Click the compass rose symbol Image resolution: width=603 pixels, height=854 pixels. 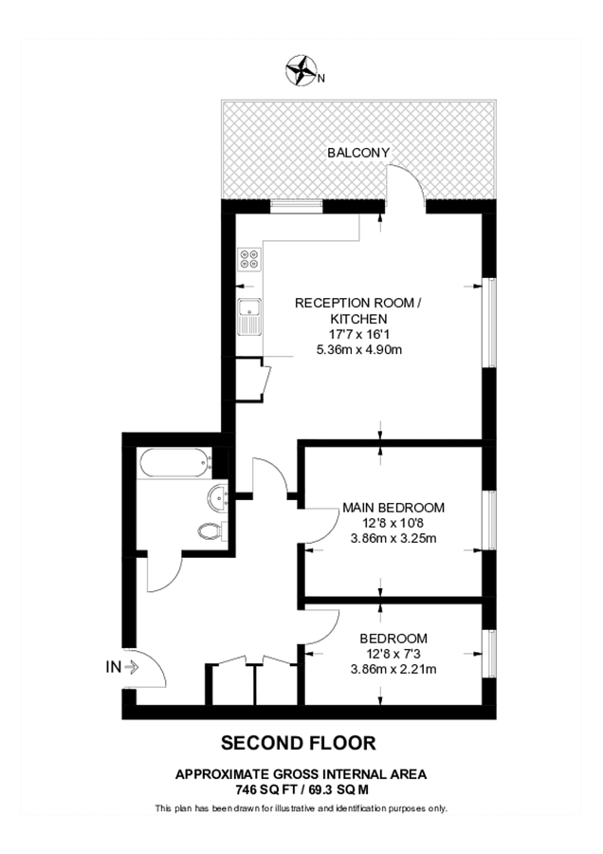(x=301, y=69)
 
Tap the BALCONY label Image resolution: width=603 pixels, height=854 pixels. (x=358, y=153)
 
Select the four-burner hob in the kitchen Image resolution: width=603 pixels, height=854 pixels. (x=249, y=258)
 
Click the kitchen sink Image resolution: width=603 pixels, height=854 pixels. (x=249, y=316)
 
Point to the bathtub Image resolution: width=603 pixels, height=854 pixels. (x=175, y=463)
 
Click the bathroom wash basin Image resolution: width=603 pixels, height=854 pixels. (x=218, y=496)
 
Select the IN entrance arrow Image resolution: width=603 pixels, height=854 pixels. (x=131, y=667)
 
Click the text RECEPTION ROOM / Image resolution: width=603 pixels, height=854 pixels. (x=358, y=303)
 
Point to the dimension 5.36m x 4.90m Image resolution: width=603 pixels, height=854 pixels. (x=359, y=349)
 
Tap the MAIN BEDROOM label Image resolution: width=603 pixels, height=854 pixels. (x=393, y=508)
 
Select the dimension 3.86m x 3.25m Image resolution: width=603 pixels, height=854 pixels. (x=393, y=539)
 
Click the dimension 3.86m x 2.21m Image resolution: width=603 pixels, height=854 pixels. (x=393, y=669)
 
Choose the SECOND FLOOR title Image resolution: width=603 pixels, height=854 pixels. (x=299, y=743)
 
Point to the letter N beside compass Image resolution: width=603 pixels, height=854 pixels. (x=321, y=79)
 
